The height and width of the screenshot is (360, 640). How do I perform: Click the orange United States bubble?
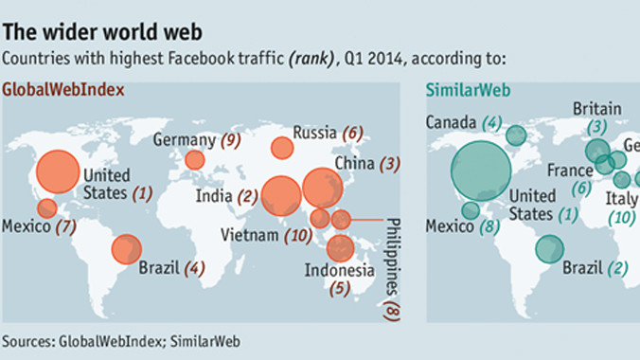coord(60,171)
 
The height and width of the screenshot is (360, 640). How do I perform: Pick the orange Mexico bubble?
coord(46,208)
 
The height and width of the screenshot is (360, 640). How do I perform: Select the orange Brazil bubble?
coord(126,249)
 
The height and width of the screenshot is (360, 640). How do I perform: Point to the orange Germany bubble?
coord(194,160)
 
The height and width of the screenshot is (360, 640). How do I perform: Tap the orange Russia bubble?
coord(281,148)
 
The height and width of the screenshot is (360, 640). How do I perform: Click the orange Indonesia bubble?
coord(340,248)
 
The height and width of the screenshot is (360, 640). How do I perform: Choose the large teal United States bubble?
coord(481,170)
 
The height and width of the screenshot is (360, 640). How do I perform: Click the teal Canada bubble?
coord(515,135)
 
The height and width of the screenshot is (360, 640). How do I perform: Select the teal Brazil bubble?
coord(548,248)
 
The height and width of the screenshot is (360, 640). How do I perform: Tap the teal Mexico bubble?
coord(470,210)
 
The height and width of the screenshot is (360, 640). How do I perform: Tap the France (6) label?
coord(569,178)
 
